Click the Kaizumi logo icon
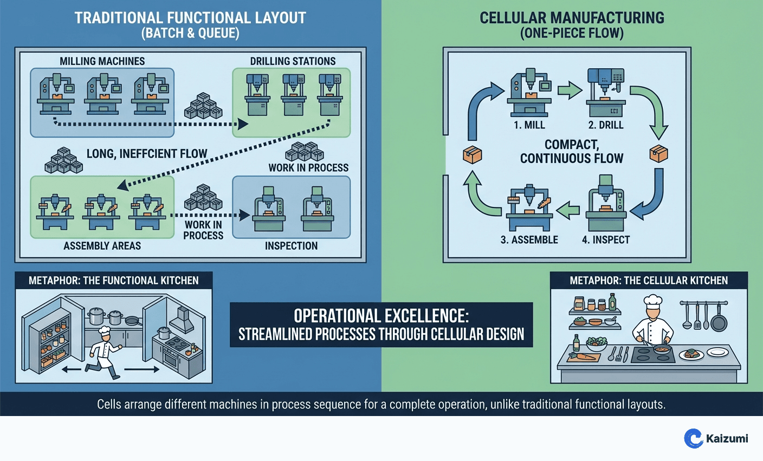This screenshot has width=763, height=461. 693,438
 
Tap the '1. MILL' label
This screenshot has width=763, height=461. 529,125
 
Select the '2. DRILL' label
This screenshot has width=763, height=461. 606,125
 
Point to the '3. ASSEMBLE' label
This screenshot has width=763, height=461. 529,239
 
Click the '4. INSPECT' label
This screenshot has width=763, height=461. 606,239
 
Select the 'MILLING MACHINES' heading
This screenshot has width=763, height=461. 102,61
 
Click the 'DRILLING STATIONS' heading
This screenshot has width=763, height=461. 293,61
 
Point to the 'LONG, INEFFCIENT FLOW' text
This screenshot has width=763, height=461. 147,154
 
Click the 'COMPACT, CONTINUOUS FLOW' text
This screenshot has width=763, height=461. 572,152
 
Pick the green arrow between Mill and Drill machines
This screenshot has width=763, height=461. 570,90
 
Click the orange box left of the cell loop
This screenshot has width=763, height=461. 472,154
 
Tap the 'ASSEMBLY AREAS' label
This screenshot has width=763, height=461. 102,246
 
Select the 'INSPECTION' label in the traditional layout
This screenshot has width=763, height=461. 291,246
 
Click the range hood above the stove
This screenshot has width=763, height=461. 183,319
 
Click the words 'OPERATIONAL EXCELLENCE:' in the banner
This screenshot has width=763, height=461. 381,316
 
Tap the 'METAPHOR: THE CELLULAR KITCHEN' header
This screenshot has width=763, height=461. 649,281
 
